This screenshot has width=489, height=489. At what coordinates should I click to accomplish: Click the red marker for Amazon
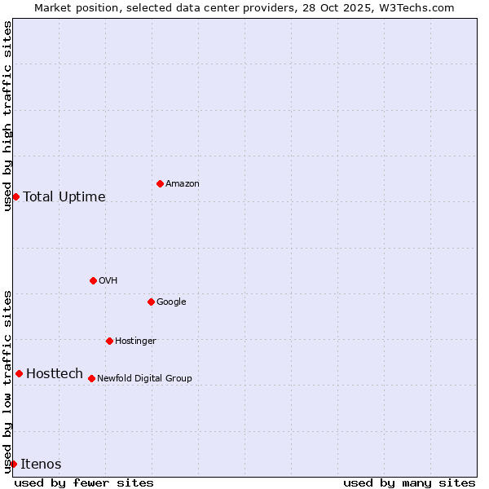pyautogui.click(x=160, y=183)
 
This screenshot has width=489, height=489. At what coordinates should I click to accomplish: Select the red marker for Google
pyautogui.click(x=151, y=302)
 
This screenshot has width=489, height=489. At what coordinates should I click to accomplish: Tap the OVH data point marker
pyautogui.click(x=93, y=280)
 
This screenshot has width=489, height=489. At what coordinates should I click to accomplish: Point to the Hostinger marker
pyautogui.click(x=109, y=341)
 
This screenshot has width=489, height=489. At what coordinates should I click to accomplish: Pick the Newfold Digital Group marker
pyautogui.click(x=91, y=378)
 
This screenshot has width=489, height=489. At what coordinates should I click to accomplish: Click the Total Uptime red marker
pyautogui.click(x=15, y=196)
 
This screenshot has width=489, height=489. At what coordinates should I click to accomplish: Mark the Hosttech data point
pyautogui.click(x=19, y=373)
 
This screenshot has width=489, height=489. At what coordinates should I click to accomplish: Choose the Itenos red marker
pyautogui.click(x=13, y=464)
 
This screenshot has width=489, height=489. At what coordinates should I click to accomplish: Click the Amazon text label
pyautogui.click(x=182, y=184)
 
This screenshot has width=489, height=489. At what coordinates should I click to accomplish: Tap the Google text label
pyautogui.click(x=171, y=302)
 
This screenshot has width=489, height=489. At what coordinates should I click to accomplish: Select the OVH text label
pyautogui.click(x=108, y=281)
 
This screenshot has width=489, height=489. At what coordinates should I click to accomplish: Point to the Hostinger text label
pyautogui.click(x=135, y=341)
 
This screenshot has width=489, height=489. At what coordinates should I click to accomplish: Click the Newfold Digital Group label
pyautogui.click(x=144, y=378)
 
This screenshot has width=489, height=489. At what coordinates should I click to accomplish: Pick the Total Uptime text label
pyautogui.click(x=64, y=197)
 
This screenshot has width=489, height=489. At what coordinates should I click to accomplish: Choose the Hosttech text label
pyautogui.click(x=55, y=374)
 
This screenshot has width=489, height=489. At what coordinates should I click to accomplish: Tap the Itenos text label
pyautogui.click(x=41, y=465)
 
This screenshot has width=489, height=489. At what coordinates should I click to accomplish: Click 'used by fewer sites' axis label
pyautogui.click(x=84, y=482)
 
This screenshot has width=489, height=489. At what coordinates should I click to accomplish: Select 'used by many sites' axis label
pyautogui.click(x=409, y=482)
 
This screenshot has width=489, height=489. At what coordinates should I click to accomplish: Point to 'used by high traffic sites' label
pyautogui.click(x=7, y=116)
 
